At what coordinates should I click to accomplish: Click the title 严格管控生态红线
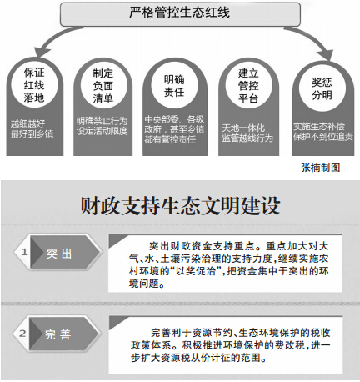(x=180, y=13)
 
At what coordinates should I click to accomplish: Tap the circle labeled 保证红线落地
(x=34, y=85)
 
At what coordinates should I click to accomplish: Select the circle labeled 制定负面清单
(x=103, y=86)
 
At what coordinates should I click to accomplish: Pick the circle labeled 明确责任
(x=174, y=86)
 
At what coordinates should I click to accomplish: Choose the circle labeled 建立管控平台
(x=248, y=86)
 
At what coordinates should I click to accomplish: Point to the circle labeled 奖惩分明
(x=322, y=88)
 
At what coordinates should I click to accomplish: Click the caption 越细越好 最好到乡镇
(x=32, y=128)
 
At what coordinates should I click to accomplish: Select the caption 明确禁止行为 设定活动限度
(x=102, y=126)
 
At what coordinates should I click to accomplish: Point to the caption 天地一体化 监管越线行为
(x=247, y=133)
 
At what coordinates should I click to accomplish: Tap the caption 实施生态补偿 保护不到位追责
(x=323, y=132)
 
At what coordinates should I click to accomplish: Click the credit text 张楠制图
(x=321, y=168)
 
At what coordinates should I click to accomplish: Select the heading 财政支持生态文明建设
(x=180, y=206)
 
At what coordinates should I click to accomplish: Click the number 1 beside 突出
(x=24, y=252)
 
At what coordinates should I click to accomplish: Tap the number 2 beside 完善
(x=23, y=334)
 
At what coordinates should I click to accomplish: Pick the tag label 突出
(x=59, y=253)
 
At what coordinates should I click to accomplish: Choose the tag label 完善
(x=57, y=334)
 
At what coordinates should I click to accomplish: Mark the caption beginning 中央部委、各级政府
(x=174, y=129)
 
